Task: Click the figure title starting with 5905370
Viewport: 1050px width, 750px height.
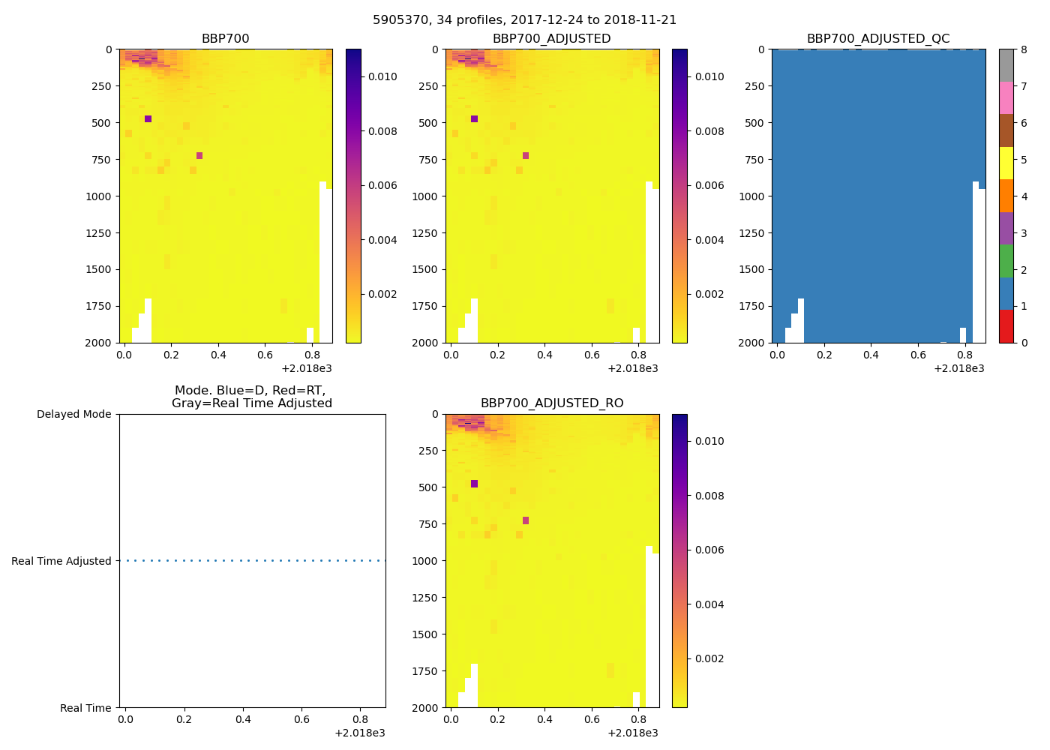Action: click(x=524, y=20)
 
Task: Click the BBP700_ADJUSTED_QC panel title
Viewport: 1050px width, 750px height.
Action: click(x=877, y=39)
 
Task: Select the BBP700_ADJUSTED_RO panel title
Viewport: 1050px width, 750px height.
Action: click(x=551, y=403)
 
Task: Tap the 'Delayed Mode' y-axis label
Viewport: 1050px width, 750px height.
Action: click(x=73, y=414)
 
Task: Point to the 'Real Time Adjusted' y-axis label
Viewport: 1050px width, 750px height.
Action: click(x=61, y=561)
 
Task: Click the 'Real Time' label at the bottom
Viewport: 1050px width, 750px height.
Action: click(x=85, y=708)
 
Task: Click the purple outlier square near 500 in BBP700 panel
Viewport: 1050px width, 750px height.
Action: click(x=148, y=119)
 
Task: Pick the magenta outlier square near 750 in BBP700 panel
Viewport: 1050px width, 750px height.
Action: click(x=199, y=156)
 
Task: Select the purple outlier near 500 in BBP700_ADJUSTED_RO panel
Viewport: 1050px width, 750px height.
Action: click(x=474, y=484)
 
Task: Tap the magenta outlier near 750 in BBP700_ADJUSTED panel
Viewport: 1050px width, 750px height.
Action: click(x=526, y=156)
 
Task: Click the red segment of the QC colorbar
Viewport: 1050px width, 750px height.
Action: click(x=1006, y=326)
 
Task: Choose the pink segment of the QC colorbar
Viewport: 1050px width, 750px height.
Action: click(x=1006, y=97)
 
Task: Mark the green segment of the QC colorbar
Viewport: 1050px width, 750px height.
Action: click(x=1006, y=261)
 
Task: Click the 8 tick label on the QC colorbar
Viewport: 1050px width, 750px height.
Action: click(x=1024, y=50)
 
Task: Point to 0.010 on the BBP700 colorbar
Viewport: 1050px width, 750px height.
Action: click(x=382, y=76)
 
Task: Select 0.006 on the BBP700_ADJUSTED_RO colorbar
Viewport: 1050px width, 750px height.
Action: click(x=709, y=550)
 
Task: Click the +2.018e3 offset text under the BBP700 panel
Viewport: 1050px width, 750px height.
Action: click(x=307, y=368)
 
